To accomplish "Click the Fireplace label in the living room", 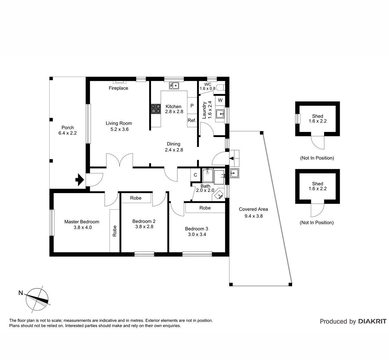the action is pos(118,88).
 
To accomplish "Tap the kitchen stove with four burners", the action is pos(156,109).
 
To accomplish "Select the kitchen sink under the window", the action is pos(174,86).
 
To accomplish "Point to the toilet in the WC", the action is pos(221,87).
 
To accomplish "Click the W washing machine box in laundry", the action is pos(220,100).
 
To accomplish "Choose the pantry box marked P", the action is pos(192,106).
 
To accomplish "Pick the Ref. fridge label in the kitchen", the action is pos(192,120).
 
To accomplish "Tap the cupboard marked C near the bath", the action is pos(195,175).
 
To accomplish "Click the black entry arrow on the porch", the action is pos(80,180).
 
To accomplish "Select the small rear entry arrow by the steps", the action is pos(231,158).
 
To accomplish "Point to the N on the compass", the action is pos(20,293).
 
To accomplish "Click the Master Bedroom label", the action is pos(82,222).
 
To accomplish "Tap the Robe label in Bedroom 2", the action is pos(136,198).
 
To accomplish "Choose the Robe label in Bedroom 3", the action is pos(205,208).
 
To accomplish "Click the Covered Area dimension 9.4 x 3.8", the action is pos(253,216).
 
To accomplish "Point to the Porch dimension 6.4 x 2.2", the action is pos(67,133).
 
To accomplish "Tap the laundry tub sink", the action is pos(220,114).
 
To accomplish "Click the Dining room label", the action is pos(173,144).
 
